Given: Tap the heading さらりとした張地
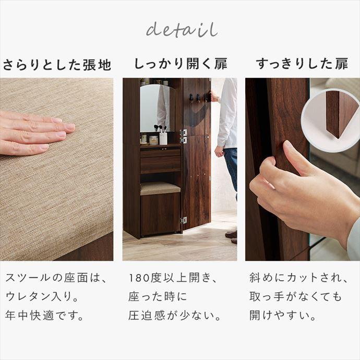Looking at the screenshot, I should (57, 65).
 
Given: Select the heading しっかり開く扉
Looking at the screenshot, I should (181, 65).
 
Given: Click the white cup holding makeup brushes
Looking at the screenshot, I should (163, 137).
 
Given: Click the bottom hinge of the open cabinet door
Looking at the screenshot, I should (184, 220).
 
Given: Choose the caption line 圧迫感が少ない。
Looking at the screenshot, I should (175, 316).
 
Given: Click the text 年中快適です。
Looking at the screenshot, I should (45, 316).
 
